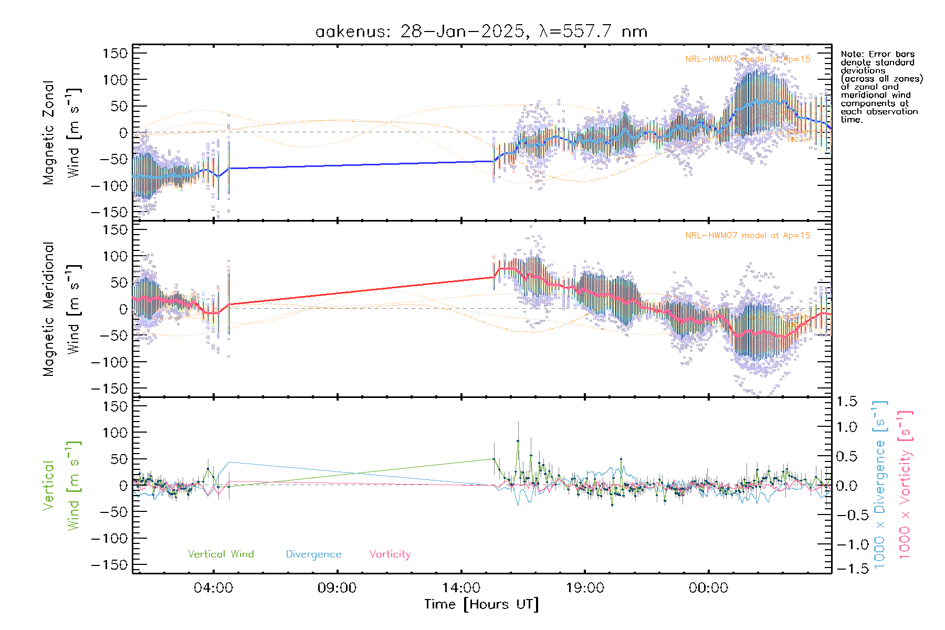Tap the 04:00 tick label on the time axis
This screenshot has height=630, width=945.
coord(213,588)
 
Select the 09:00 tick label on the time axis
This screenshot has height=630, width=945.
coord(337,588)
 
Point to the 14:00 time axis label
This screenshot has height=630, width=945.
coord(461,588)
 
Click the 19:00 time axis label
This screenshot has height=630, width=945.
coord(585,588)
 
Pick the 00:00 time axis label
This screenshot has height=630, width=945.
coord(708,588)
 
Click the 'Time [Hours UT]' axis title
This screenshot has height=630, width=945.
coord(481,604)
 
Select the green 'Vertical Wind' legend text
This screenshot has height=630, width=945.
coord(220,554)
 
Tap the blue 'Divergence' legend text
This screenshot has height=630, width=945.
coord(313,554)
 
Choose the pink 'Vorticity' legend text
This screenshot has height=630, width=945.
coord(390,554)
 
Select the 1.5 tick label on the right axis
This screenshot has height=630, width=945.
coord(847,402)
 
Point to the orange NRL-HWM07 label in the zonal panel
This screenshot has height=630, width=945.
coord(748,59)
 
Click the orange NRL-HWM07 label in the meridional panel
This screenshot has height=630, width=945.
coord(748,235)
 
